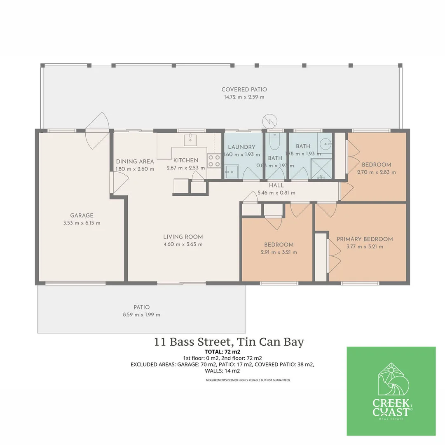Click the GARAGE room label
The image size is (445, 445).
(x=82, y=215)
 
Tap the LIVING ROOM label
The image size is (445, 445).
(x=183, y=237)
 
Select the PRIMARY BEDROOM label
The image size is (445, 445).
(x=365, y=239)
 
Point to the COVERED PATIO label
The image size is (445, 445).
(x=244, y=89)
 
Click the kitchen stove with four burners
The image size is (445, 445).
(x=214, y=161)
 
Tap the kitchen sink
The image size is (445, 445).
(x=190, y=139)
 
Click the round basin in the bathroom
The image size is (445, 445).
(x=326, y=144)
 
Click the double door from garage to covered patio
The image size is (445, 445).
(x=97, y=131)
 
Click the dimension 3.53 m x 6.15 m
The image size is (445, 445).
(x=82, y=223)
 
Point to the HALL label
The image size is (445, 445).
(x=276, y=185)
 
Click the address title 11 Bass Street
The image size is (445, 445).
(x=229, y=342)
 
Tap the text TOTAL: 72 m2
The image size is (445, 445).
(x=222, y=352)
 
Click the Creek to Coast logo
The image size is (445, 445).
(x=391, y=391)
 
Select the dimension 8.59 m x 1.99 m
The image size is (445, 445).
(x=141, y=314)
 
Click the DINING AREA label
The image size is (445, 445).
(x=135, y=162)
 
